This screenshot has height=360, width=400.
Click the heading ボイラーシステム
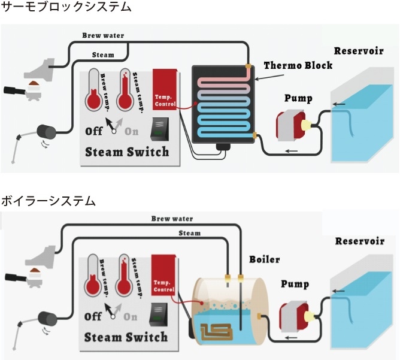[48, 201]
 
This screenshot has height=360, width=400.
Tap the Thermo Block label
[298, 65]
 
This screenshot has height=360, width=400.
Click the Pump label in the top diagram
[298, 98]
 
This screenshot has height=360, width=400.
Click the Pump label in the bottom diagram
[294, 285]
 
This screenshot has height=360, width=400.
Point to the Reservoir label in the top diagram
[359, 50]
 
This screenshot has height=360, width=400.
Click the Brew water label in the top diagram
[103, 35]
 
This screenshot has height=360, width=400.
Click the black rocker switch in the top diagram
[160, 128]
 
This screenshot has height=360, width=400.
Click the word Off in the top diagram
[94, 131]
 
